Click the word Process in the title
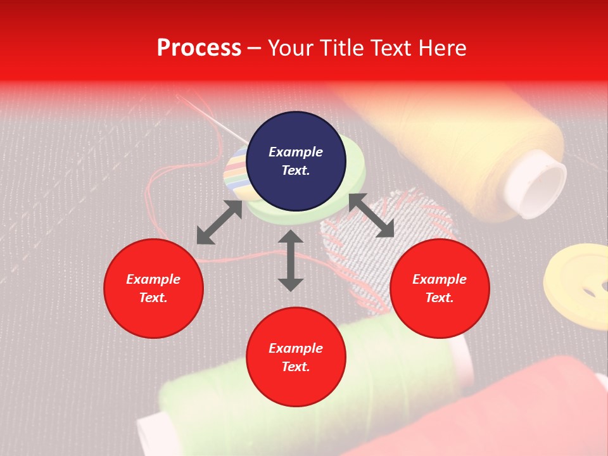[x=199, y=48]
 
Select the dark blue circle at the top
[x=296, y=161]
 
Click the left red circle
[x=153, y=288]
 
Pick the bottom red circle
[x=296, y=357]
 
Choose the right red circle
[x=440, y=288]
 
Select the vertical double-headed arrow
[x=291, y=260]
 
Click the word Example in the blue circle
[x=296, y=152]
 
